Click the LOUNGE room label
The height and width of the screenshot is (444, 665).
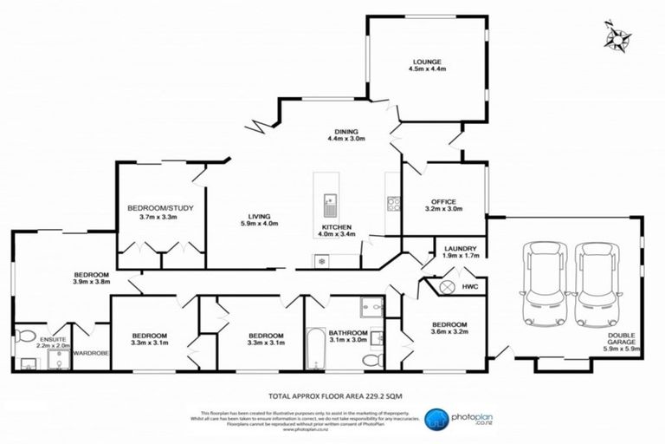[x=428, y=65]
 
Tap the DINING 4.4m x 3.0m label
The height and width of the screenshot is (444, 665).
[x=346, y=134]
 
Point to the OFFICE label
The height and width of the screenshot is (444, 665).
[x=444, y=204]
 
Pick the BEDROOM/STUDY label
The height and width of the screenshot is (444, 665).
[x=152, y=212]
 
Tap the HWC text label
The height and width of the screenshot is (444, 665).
[x=470, y=287]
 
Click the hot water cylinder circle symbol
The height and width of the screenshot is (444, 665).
[x=447, y=287]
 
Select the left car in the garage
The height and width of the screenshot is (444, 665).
[x=539, y=280]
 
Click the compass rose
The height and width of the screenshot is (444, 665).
[x=617, y=37]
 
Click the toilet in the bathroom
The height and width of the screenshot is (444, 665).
[x=371, y=358]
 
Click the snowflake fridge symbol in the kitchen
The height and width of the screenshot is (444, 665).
[x=323, y=260]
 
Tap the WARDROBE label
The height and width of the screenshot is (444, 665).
[x=90, y=354]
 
